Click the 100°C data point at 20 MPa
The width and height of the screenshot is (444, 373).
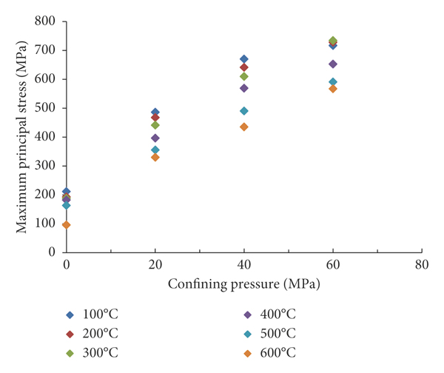tap(155, 112)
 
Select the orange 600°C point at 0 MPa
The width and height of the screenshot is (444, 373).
tap(67, 225)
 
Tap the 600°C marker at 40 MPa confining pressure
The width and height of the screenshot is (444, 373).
tap(244, 127)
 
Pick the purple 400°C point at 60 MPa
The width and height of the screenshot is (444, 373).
tap(333, 64)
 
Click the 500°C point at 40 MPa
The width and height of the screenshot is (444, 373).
tap(244, 111)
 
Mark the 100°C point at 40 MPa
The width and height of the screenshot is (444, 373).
tap(244, 59)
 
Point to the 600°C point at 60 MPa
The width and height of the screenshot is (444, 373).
tap(333, 89)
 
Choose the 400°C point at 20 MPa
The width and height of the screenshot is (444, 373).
tap(155, 138)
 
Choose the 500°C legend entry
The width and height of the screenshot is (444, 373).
tap(279, 333)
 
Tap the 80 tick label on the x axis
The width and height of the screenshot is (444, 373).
tap(422, 264)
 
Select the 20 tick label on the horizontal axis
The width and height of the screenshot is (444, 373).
tap(155, 264)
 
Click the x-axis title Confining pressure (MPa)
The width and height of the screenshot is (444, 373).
tap(243, 283)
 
